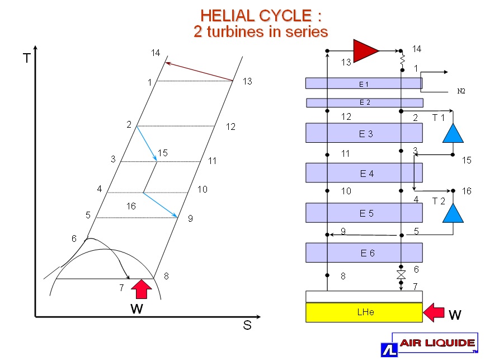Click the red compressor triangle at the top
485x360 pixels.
(365, 50)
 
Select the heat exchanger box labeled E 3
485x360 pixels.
(364, 133)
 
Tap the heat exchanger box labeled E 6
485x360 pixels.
(364, 253)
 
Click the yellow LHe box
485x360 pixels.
(364, 312)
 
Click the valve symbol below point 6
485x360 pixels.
(401, 275)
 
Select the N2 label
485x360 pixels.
(461, 91)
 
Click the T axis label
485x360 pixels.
(26, 58)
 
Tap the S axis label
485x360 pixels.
(247, 325)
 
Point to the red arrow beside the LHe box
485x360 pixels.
(435, 312)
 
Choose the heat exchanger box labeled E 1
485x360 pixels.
(364, 83)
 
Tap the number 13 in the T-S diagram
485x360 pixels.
(247, 82)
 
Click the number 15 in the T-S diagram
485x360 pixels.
(162, 153)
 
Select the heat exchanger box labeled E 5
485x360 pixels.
(364, 213)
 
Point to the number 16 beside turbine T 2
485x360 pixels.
(467, 191)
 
